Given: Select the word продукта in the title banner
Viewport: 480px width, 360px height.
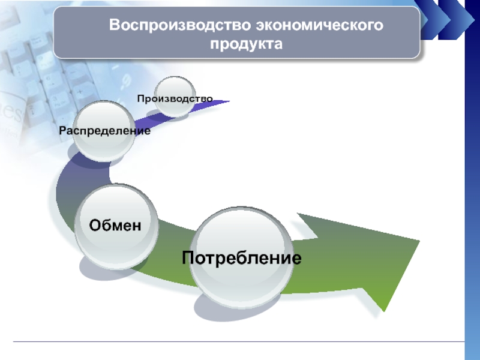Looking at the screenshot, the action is click(x=246, y=44).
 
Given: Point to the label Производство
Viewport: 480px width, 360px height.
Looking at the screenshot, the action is click(x=175, y=98).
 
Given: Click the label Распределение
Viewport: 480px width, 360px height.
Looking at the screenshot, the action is click(x=104, y=130).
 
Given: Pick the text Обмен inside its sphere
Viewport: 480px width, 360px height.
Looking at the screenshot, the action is click(x=115, y=226).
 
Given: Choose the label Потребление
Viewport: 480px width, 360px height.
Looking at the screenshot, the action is click(x=241, y=259).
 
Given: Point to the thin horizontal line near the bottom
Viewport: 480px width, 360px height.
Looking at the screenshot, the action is click(x=240, y=342).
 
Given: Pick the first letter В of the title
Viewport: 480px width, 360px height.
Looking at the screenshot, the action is click(x=113, y=26).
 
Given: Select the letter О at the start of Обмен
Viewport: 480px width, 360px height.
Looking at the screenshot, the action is click(x=94, y=226).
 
